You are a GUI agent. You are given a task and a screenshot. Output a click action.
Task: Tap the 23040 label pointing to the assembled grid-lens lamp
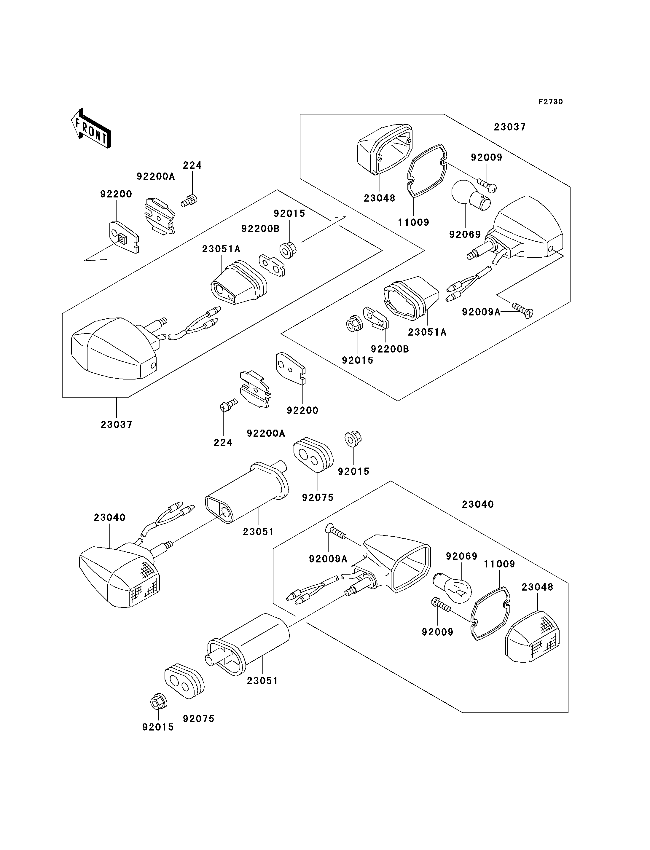click(109, 517)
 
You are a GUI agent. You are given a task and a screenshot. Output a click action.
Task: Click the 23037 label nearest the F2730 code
click(510, 127)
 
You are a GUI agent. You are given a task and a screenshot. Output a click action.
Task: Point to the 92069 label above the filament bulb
click(462, 556)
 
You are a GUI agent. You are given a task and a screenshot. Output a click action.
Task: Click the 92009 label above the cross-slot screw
click(486, 157)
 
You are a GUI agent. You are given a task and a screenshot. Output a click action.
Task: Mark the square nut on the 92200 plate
click(122, 240)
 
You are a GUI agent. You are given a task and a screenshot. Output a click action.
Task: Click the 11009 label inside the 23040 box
click(499, 564)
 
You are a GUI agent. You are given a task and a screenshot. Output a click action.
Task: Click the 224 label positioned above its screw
click(192, 165)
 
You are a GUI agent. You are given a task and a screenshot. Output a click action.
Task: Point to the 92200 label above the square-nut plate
click(116, 194)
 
